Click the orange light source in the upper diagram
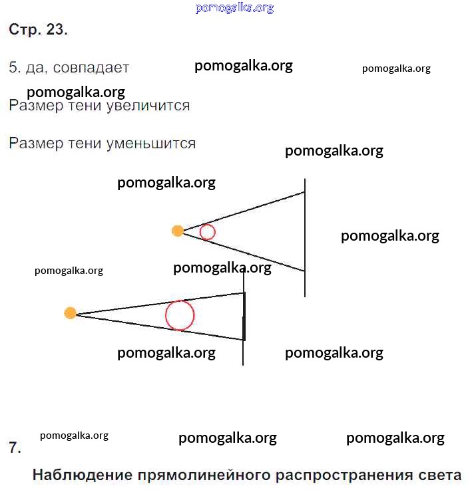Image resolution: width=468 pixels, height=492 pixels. pos(178,231)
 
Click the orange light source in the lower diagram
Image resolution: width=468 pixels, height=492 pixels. pos(70,313)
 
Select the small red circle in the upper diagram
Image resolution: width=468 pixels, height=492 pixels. pos(207,232)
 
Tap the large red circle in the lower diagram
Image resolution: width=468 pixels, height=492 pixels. pos(180,315)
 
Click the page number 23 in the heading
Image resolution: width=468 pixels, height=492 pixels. pos(57,29)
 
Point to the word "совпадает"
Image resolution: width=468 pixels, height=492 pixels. pos(91,68)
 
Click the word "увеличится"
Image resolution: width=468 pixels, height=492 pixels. pos(148,106)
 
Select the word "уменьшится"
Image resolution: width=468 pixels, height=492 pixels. pos(150,144)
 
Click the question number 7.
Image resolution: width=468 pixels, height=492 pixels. pos(15,447)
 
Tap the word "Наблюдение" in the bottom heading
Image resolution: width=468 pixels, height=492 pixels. pos(83,475)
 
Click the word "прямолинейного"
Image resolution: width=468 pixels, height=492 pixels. pos(204,475)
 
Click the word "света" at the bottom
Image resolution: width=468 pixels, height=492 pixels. pos(440,475)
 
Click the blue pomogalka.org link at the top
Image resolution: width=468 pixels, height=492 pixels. pos(234,8)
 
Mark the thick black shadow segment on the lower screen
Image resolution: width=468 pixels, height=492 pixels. pos(244,316)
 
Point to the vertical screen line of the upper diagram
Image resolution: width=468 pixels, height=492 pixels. pos(305,237)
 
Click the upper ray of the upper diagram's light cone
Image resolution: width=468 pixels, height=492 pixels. pos(244,211)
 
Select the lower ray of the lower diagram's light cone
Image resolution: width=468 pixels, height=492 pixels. pos(160,327)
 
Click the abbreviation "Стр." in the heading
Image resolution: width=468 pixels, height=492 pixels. pos(25,30)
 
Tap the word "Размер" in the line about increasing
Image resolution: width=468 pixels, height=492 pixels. pos(36,106)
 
